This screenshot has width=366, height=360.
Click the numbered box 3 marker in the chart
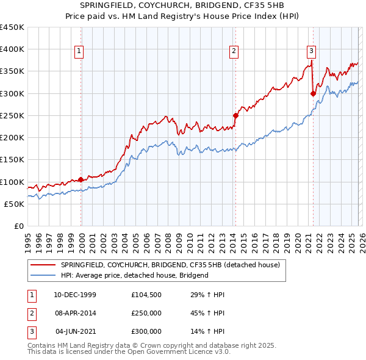tap(311, 52)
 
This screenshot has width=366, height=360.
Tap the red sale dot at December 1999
tap(81, 180)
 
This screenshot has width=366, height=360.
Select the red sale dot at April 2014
tap(235, 115)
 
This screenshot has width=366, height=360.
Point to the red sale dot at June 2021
tap(313, 93)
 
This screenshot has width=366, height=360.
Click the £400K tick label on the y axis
tap(12, 49)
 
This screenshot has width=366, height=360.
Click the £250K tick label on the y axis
tap(12, 115)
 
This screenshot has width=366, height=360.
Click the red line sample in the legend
tap(43, 265)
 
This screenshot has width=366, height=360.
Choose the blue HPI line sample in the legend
tap(43, 275)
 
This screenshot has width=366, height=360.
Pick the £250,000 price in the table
tap(146, 313)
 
